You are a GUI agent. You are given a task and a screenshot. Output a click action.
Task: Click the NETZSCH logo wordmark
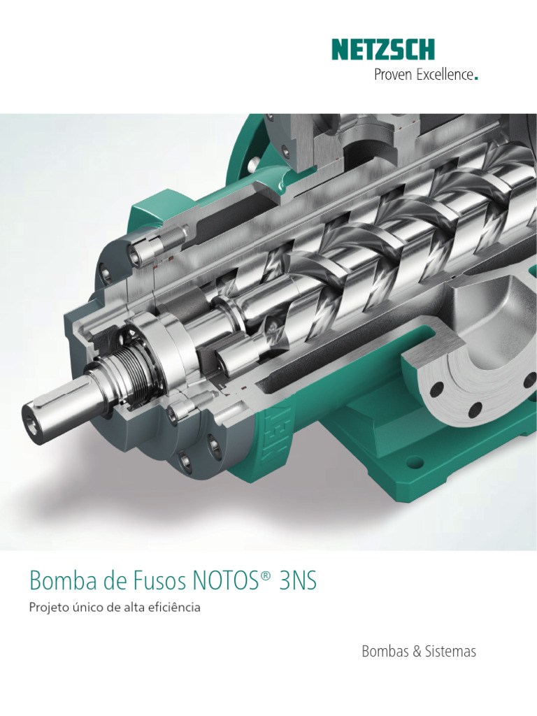click(x=383, y=50)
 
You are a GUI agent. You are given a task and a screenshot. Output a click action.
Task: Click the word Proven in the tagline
click(x=393, y=75)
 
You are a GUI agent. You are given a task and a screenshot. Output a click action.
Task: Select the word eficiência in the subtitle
click(x=176, y=608)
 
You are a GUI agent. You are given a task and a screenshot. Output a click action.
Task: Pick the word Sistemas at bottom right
click(x=450, y=652)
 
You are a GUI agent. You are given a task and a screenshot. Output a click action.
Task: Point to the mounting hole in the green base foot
click(x=415, y=462)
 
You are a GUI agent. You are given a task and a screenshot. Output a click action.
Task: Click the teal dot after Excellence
click(x=476, y=79)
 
